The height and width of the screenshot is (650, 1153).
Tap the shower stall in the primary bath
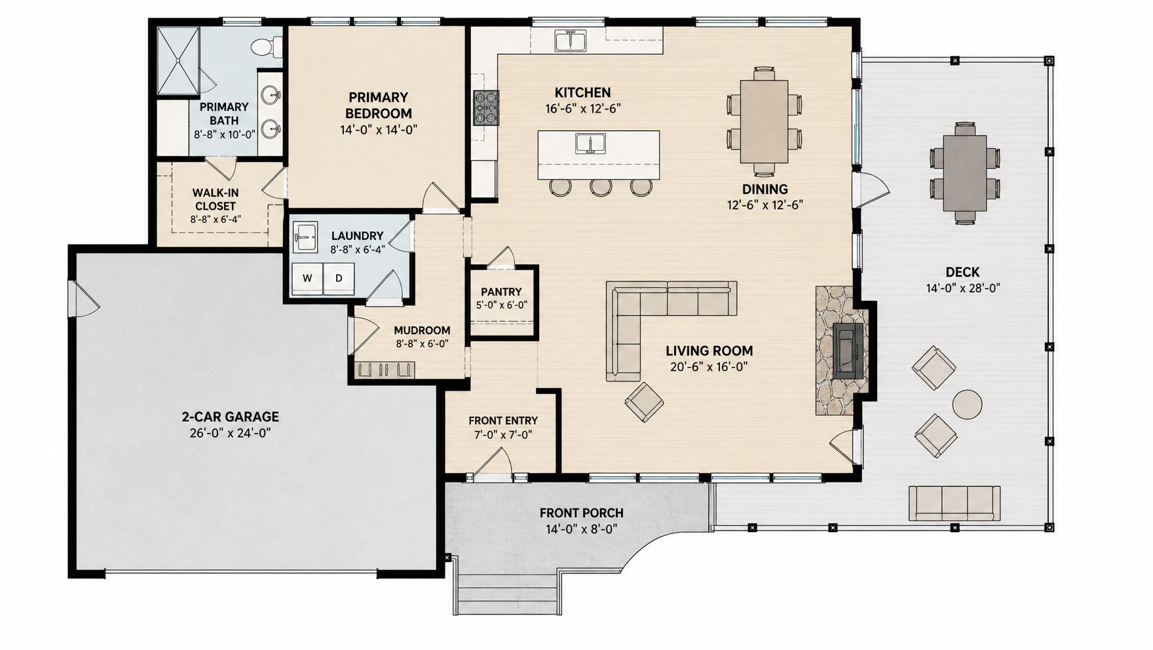click(178, 61)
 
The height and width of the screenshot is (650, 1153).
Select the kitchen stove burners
click(486, 107)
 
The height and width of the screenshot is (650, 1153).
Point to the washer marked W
click(307, 278)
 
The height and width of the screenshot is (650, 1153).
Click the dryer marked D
click(339, 278)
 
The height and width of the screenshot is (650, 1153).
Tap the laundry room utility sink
click(305, 237)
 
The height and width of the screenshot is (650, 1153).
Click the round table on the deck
click(967, 404)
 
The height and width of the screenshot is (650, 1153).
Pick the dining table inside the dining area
click(764, 121)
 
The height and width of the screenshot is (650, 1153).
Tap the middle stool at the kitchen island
click(601, 187)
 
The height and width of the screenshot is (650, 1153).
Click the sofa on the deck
click(955, 503)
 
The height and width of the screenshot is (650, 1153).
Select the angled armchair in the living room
click(644, 402)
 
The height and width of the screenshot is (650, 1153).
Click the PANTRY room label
click(501, 292)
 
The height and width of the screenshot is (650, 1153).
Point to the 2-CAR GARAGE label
click(230, 417)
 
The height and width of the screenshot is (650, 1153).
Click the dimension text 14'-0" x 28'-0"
click(963, 288)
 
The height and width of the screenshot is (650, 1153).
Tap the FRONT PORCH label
click(582, 513)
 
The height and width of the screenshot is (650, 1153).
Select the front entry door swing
click(493, 463)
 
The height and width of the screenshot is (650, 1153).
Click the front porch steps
click(508, 594)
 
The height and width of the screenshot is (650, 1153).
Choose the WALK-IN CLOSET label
click(216, 199)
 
